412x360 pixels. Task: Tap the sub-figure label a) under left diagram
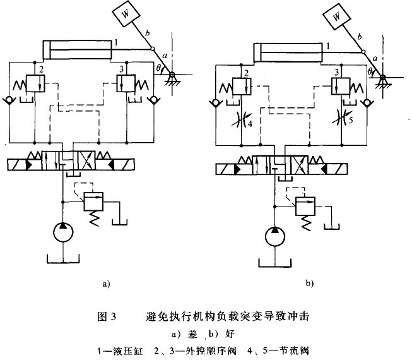tap(106, 284)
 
